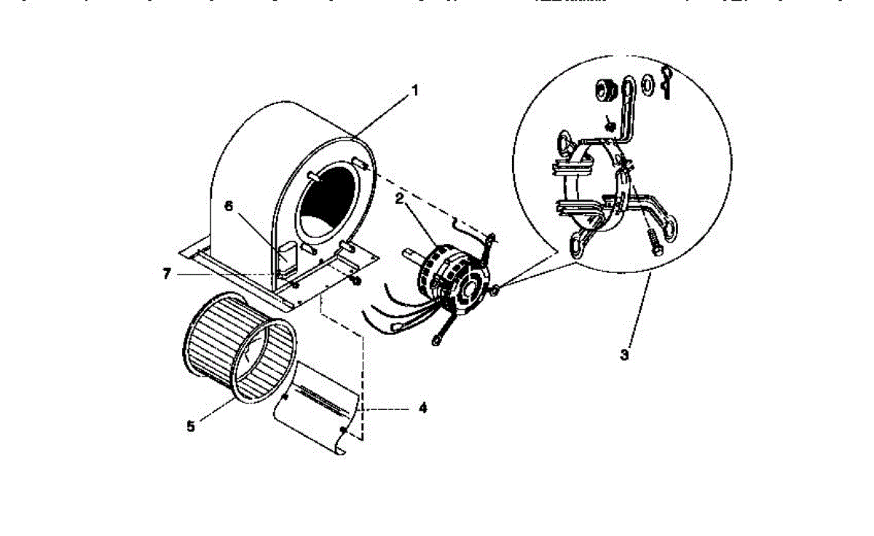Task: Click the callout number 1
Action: tap(414, 91)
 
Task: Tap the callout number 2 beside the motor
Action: tap(399, 197)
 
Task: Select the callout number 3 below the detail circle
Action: tap(624, 356)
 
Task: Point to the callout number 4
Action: tap(422, 408)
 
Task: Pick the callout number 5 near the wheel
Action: tap(191, 426)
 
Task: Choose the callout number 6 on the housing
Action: tap(228, 206)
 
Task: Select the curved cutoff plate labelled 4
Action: tap(313, 408)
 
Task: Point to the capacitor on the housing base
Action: tap(286, 256)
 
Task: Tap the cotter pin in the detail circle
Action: tap(668, 80)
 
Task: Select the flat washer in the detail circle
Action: tap(645, 85)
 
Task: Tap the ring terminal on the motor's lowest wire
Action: tap(438, 337)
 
